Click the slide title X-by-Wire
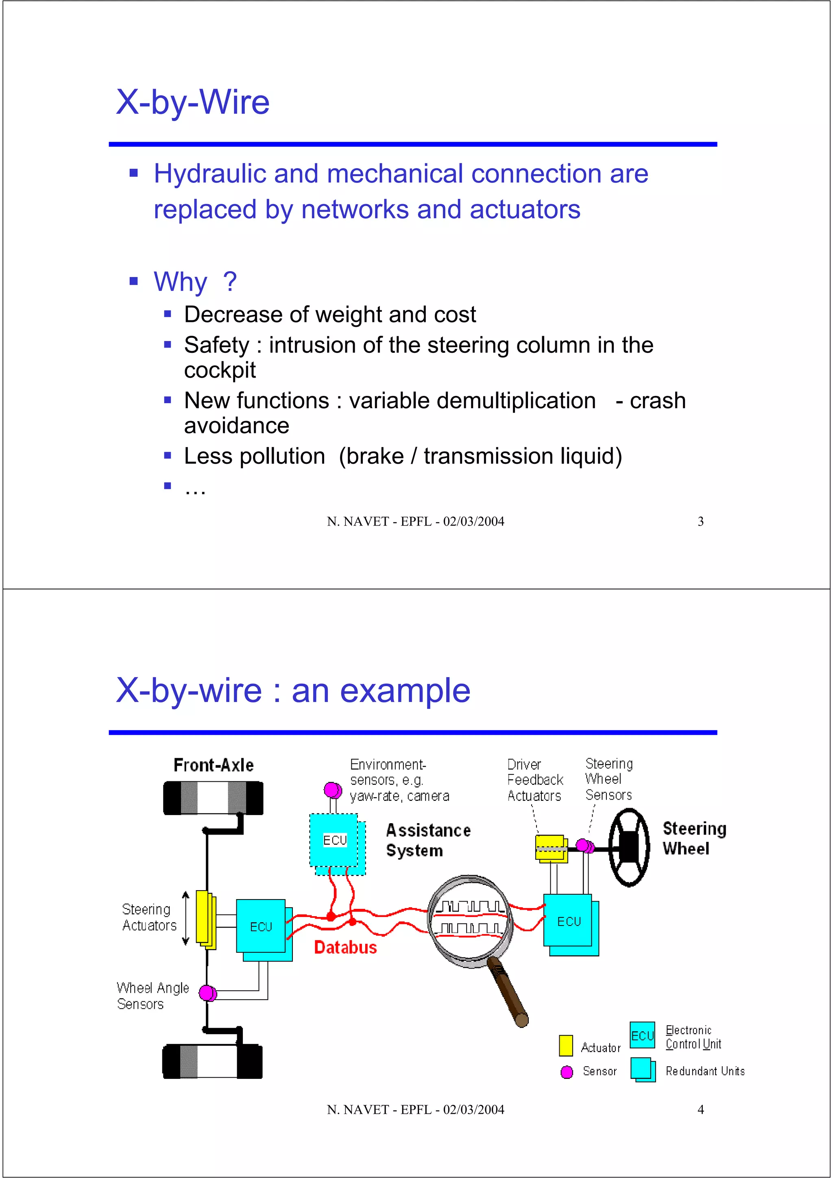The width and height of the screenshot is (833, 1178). coord(192,102)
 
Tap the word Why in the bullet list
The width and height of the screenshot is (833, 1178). coord(181,282)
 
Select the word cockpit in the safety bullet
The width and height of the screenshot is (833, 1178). coord(220,370)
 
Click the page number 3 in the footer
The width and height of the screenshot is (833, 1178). coord(700,521)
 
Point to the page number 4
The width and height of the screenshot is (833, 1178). coord(700,1109)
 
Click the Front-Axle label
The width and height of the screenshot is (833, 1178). coord(214,765)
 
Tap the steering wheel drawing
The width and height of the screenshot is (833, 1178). coord(629,848)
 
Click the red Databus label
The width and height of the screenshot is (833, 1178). coord(345,947)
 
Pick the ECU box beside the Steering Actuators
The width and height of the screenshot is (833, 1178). coord(261,927)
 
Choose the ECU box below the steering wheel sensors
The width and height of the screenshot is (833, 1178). coord(569,922)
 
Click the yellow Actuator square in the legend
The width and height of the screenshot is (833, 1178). coord(566,1045)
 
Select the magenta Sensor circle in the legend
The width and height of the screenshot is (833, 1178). coord(567,1072)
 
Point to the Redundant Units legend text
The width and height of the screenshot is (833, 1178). coord(705,1071)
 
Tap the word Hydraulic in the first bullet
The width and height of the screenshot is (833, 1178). coord(210,174)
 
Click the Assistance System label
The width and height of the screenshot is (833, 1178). coord(427,840)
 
